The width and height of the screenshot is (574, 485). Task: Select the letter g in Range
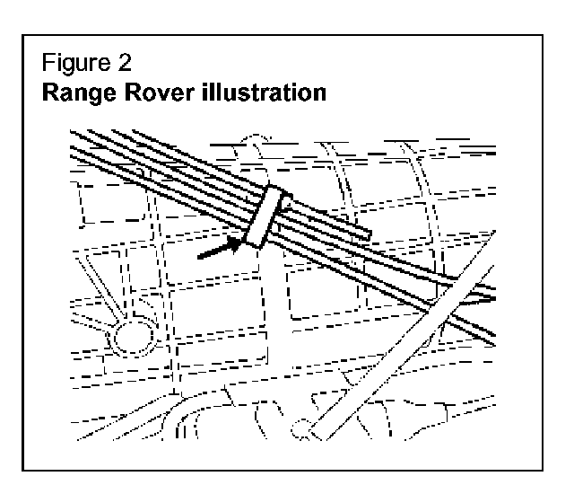click(110, 95)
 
